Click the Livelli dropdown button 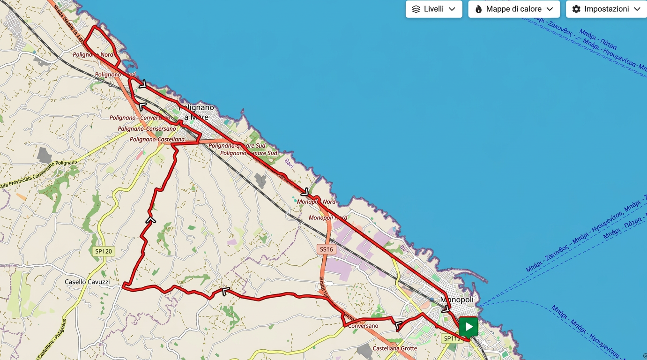point(433,9)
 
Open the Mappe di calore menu point(513,9)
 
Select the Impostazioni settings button point(606,9)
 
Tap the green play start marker point(469,327)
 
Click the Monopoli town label point(457,300)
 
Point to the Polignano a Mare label point(196,112)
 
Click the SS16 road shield point(326,249)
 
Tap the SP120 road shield point(104,251)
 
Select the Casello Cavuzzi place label point(87,282)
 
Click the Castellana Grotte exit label point(394,348)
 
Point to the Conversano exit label point(363,326)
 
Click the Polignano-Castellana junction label point(157,139)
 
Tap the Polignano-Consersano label point(147,128)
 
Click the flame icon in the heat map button point(478,9)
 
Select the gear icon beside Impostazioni point(576,9)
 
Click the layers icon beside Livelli point(416,9)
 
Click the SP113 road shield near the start point(451,338)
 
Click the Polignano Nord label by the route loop point(93,55)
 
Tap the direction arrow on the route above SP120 point(150,219)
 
